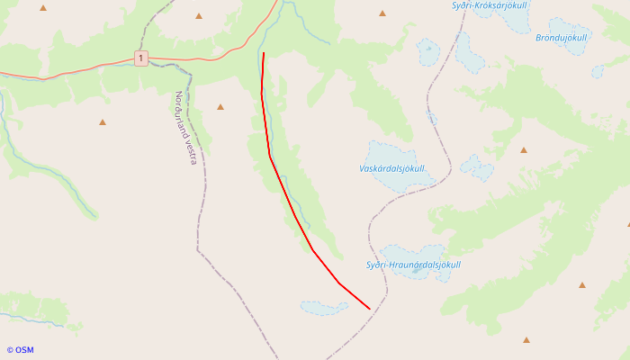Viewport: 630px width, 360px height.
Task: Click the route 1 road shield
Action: coord(141,58)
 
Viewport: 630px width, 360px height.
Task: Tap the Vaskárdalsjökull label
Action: coord(391,168)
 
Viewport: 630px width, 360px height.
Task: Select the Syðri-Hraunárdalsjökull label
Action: coord(413,265)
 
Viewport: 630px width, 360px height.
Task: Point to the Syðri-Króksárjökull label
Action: coord(489,5)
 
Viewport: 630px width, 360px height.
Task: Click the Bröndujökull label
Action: coord(561,37)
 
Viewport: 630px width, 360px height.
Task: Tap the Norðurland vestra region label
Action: coord(185,127)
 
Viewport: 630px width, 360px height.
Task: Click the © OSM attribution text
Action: coord(20,350)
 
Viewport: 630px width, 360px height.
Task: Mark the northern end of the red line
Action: coord(264,53)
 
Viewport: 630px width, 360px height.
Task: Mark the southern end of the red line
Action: coord(370,309)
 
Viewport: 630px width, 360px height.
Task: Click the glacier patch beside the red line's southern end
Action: coord(324,308)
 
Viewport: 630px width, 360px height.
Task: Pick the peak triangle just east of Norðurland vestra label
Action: coord(220,107)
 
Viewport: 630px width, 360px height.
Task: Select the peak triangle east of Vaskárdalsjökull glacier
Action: coord(523,149)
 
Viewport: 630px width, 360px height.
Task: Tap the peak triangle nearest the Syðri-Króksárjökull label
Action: coord(382,13)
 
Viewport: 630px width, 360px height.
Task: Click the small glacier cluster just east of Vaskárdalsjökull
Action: coord(477,166)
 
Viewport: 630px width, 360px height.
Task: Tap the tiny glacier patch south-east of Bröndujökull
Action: coord(598,71)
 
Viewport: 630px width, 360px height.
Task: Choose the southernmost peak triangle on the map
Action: coord(526,340)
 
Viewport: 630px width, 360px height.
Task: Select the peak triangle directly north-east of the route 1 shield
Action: coord(198,15)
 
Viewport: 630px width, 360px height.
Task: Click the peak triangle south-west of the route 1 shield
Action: coord(102,121)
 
